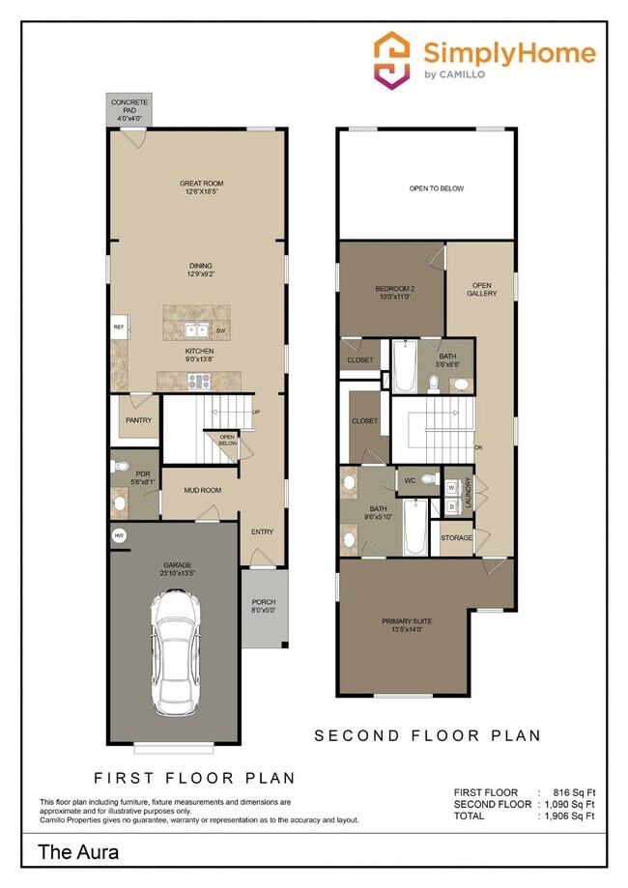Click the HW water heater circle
tap(120, 534)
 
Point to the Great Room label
tap(201, 186)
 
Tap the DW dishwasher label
tap(221, 331)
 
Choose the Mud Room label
tap(203, 490)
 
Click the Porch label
tap(264, 606)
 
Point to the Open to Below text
tap(437, 188)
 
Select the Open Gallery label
tap(482, 289)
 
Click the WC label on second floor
tap(411, 479)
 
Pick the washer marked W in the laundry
tap(451, 487)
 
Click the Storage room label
tap(456, 537)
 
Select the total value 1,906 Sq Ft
tap(568, 816)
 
